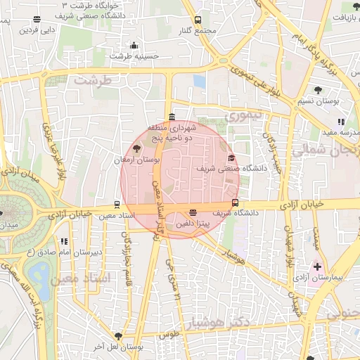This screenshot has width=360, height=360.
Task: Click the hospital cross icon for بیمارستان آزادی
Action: pos(318,266)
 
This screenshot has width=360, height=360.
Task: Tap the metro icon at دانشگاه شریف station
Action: pos(235,204)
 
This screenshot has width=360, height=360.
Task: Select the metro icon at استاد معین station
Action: pos(117,205)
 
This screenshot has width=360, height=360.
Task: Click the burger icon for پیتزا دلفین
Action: pos(193,212)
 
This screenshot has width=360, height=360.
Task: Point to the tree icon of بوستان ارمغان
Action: pos(136,148)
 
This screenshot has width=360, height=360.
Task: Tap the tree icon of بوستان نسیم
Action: pos(318,89)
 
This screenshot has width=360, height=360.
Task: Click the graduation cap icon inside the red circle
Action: pos(232,157)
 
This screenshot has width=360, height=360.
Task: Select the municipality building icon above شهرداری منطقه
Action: pos(172,117)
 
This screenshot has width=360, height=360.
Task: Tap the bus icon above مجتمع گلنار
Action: pos(198,20)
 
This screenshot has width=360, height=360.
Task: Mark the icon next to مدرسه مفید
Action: pos(341,122)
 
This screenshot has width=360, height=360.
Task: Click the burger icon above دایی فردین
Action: pos(37,20)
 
